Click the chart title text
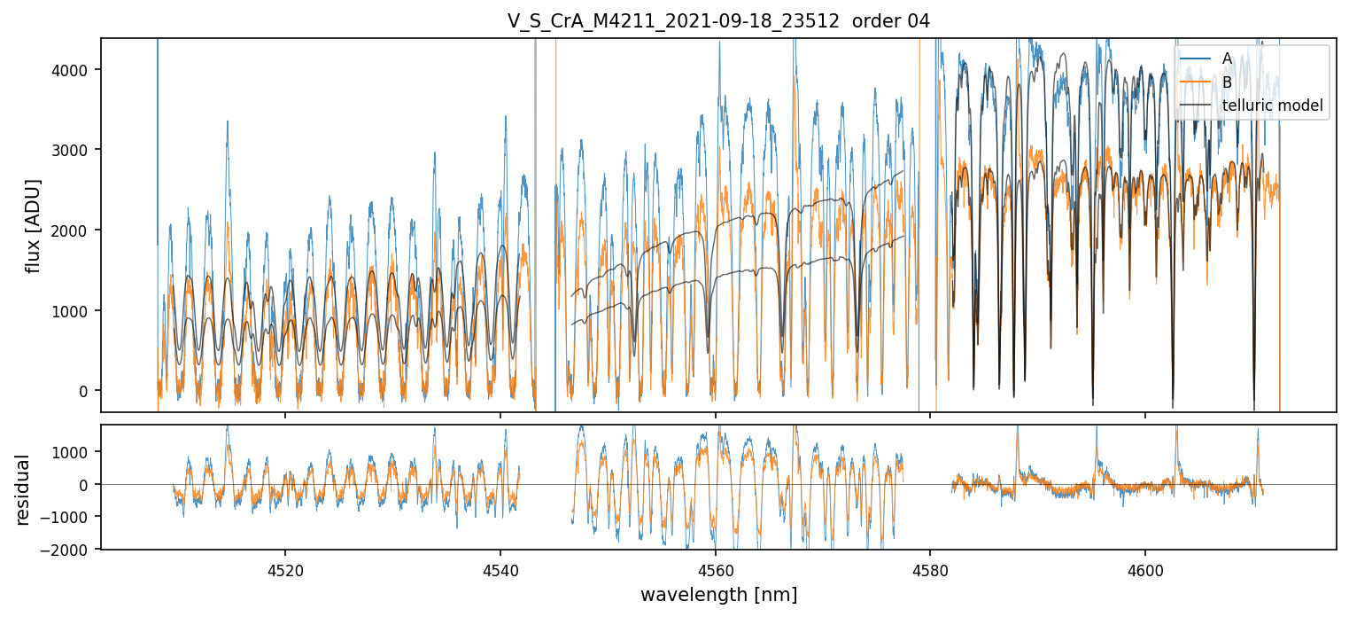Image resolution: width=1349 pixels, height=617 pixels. (718, 21)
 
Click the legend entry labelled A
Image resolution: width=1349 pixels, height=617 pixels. (1227, 59)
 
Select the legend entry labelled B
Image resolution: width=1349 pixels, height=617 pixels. (1227, 82)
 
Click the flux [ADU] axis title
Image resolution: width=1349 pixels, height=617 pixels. (34, 225)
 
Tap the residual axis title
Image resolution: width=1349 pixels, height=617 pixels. (22, 489)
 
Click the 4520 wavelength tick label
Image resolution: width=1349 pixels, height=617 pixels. (285, 568)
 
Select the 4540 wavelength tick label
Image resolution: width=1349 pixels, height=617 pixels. (500, 568)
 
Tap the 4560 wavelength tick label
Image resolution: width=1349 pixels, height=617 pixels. (715, 568)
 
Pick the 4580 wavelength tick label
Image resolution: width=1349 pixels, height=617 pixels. (930, 568)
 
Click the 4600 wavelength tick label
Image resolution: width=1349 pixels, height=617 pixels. (1144, 568)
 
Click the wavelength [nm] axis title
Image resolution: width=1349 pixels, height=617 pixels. (718, 595)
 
